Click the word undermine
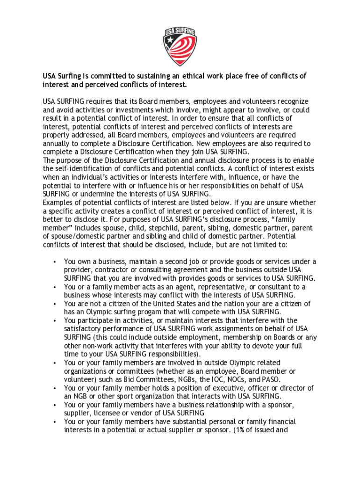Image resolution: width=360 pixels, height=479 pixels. point(100,194)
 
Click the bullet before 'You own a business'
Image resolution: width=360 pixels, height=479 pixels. point(55,261)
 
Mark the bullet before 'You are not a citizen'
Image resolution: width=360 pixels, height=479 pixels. point(55,304)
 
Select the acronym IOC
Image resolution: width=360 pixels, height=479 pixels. point(221,379)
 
